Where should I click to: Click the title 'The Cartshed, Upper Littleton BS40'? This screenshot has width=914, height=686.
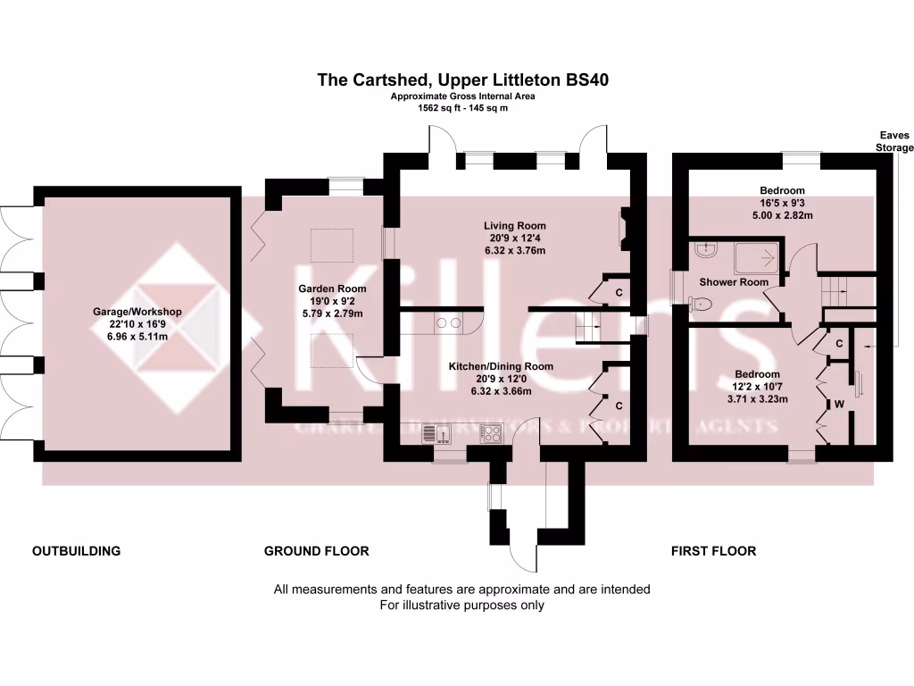(x=463, y=80)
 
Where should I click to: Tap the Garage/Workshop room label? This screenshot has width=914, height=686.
(x=137, y=312)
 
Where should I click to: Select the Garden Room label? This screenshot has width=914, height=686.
(x=332, y=289)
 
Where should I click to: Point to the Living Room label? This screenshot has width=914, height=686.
(x=515, y=226)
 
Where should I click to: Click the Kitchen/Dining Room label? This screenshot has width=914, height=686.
(x=513, y=366)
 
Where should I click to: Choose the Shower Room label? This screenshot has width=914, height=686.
(x=734, y=282)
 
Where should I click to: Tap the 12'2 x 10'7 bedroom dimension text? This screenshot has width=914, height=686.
(x=757, y=387)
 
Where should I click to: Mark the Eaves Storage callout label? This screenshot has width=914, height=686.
(x=893, y=141)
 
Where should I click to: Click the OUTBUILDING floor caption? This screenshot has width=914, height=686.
(x=76, y=551)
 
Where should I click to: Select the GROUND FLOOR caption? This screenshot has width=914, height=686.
(x=316, y=551)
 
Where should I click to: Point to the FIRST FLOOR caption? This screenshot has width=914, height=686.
(x=713, y=551)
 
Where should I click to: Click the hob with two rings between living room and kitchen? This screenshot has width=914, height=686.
(x=447, y=323)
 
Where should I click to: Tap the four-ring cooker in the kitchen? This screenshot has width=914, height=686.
(x=492, y=433)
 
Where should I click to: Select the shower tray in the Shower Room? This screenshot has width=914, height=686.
(x=759, y=259)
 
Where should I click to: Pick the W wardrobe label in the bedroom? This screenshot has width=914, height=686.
(x=839, y=403)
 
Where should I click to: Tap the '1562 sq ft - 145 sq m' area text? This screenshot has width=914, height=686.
(x=463, y=108)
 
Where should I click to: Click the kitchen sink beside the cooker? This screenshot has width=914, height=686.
(x=431, y=433)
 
